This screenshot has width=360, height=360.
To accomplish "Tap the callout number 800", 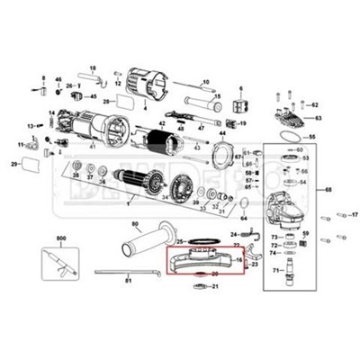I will (61, 238).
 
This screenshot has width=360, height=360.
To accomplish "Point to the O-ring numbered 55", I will (287, 136).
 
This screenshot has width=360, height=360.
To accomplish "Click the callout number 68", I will (328, 190).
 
